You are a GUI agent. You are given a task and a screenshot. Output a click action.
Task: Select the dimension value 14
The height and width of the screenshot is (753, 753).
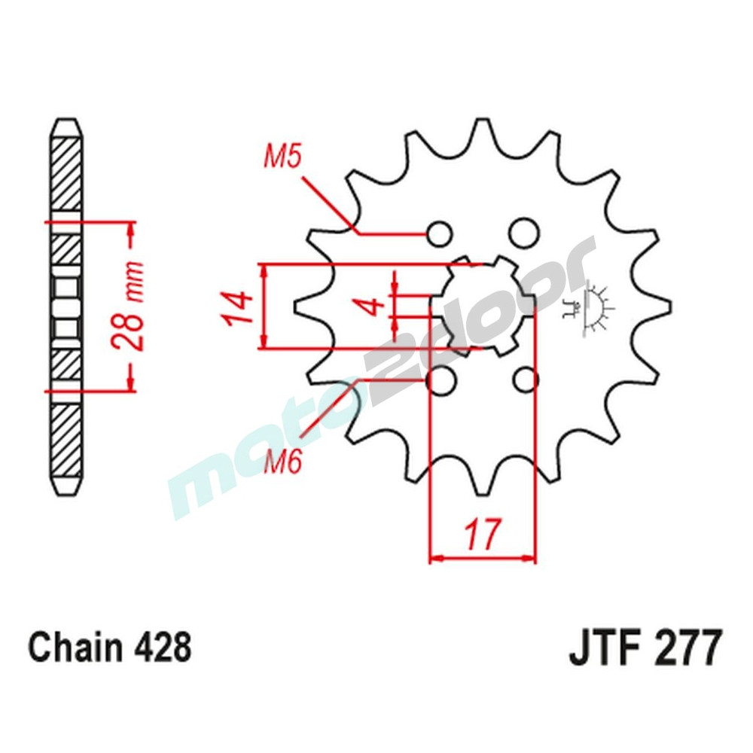click(x=236, y=307)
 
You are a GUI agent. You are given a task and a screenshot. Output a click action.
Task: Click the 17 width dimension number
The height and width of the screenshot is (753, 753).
click(x=481, y=535)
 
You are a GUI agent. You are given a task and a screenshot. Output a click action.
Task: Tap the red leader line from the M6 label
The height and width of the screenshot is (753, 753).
click(x=328, y=409)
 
